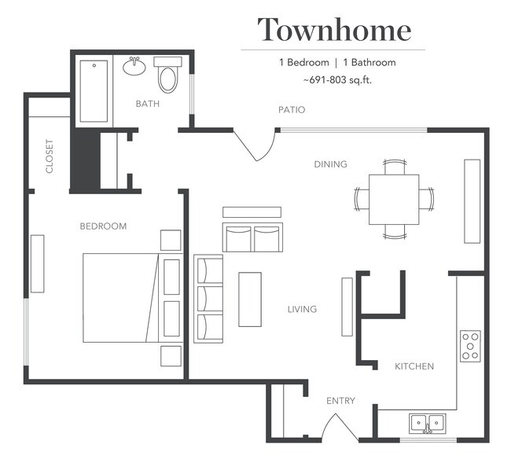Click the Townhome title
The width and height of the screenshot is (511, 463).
coord(334,30)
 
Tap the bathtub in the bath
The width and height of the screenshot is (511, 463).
coord(94,91)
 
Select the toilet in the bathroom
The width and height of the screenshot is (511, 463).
coord(167,76)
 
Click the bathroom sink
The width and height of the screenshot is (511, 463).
coord(134,66)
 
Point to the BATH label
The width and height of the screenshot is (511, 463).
coord(147,104)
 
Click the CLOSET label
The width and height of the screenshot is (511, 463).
coord(50,156)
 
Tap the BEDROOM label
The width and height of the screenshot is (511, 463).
coord(103,226)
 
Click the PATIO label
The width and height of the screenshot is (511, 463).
coord(291,110)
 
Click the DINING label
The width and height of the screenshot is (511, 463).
coord(330,164)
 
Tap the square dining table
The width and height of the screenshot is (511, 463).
coord(393,199)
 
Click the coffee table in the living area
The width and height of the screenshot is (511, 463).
coord(249,299)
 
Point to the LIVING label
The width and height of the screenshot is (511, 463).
coord(302,310)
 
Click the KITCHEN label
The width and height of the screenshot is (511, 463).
coord(414,366)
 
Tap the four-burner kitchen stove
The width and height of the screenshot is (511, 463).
coord(470,346)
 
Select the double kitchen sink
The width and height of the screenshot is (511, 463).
coord(428,423)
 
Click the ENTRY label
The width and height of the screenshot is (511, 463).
coord(340,401)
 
